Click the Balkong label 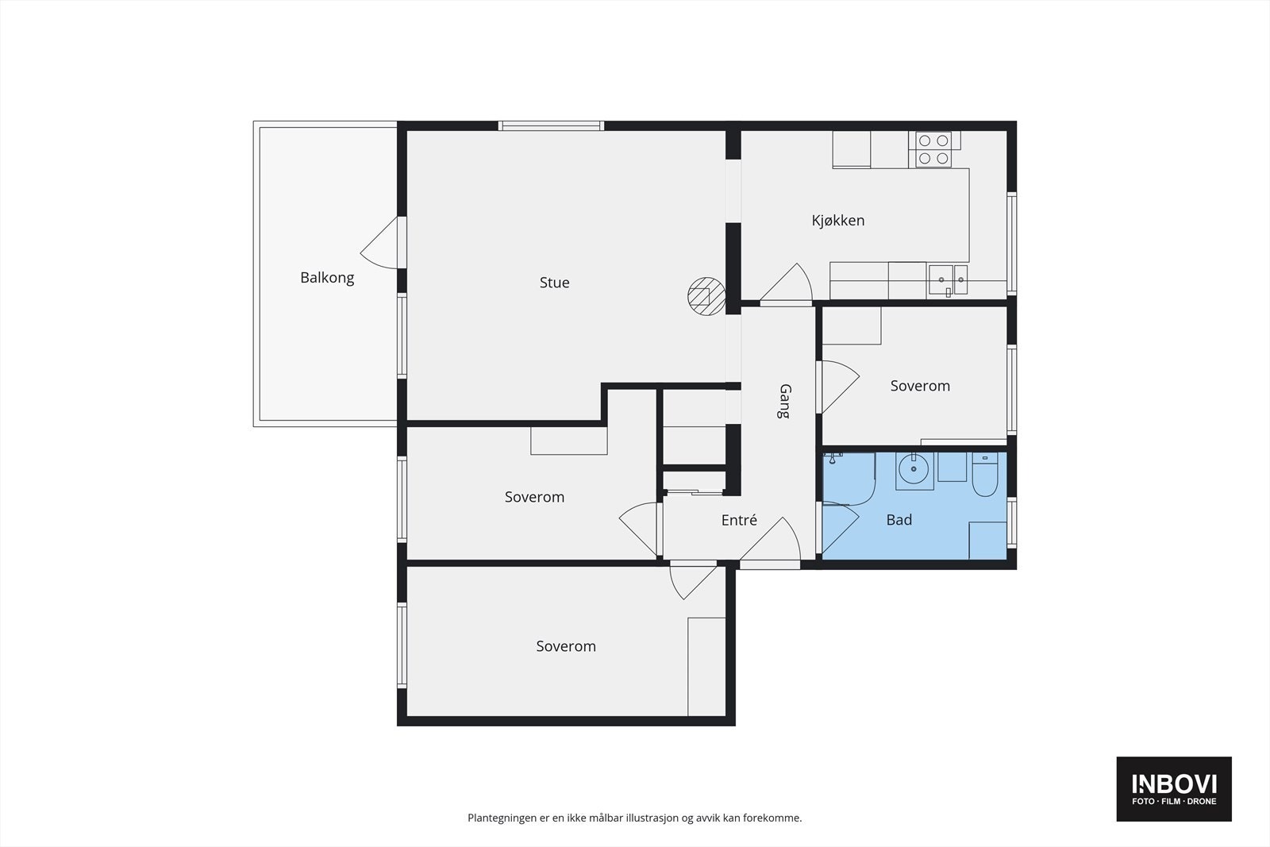[x=327, y=278]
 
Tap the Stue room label [x=555, y=283]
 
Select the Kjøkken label [x=838, y=221]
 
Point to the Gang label [x=785, y=402]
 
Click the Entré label [x=739, y=520]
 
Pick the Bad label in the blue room [x=899, y=520]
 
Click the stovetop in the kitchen [x=933, y=149]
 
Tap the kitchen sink [x=948, y=280]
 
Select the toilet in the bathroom [x=985, y=475]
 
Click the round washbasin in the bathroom [x=914, y=469]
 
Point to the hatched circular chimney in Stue [x=706, y=296]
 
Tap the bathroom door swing [x=840, y=527]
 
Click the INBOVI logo [x=1174, y=788]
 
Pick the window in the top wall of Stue [x=551, y=126]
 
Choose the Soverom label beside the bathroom [x=920, y=386]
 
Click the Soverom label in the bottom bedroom [x=566, y=646]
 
